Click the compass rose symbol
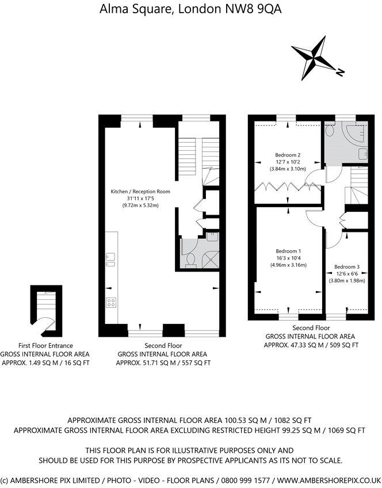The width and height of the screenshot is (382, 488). (316, 59)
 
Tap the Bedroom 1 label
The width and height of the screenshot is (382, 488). (288, 251)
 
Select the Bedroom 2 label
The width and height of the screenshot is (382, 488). (288, 155)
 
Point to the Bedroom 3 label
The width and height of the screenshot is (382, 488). (347, 266)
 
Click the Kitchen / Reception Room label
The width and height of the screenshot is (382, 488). (140, 191)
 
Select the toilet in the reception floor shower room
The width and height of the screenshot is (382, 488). (190, 261)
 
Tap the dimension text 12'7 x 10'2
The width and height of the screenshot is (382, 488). (288, 162)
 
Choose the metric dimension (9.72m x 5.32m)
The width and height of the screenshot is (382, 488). (140, 205)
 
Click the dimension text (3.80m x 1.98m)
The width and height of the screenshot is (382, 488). (347, 280)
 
